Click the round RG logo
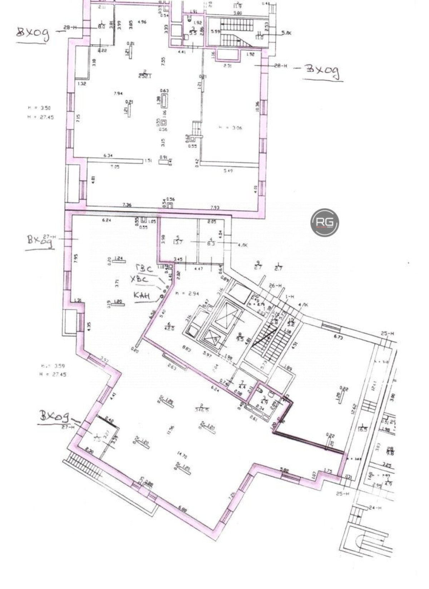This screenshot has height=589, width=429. [324, 223]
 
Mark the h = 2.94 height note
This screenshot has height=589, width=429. [187, 294]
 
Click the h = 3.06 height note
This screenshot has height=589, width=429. [230, 128]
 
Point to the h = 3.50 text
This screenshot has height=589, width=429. [40, 108]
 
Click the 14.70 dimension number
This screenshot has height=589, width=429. [182, 456]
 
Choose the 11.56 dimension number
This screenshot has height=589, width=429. [172, 428]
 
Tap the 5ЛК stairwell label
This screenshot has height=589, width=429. [286, 33]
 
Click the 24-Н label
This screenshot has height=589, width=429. [374, 508]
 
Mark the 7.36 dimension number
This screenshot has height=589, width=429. [127, 205]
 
